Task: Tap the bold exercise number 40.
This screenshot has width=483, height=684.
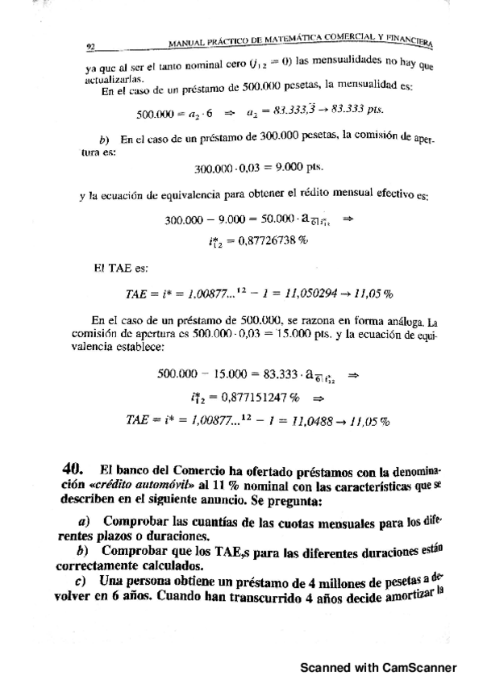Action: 73,468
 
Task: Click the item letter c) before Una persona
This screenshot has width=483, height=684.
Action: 80,582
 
